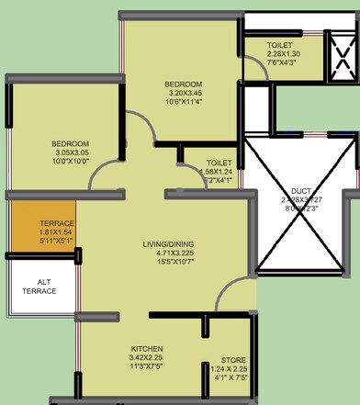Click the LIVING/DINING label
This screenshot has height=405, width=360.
(x=173, y=244)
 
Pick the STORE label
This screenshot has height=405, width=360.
(x=232, y=360)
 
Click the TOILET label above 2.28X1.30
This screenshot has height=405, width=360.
(x=280, y=45)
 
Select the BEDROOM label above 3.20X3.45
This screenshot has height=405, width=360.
(x=184, y=83)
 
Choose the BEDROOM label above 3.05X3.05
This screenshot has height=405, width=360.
(x=70, y=145)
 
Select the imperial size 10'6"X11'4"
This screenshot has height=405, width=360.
(x=184, y=103)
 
